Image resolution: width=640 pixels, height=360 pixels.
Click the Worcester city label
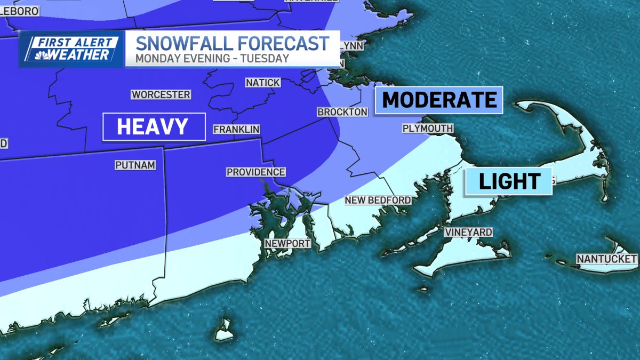161,94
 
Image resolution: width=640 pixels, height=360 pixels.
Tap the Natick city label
262,83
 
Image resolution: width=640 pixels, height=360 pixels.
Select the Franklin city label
236,129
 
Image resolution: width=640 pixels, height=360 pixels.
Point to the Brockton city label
342,112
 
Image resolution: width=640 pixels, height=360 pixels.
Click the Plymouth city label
428,129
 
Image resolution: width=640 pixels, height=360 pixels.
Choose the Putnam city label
135,165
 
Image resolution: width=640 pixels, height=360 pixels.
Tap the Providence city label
256,172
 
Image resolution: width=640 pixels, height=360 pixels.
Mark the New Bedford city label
378,200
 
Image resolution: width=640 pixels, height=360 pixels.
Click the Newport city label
288,243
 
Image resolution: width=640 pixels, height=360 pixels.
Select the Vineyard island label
469,232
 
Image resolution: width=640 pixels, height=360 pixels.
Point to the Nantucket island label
606,259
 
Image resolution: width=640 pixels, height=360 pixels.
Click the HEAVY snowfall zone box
154,126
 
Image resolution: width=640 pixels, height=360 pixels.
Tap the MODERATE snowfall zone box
439,100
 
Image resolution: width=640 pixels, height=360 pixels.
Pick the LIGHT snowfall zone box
509,181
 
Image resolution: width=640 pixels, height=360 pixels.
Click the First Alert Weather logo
71,49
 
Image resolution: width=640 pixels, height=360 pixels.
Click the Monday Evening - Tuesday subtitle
212,58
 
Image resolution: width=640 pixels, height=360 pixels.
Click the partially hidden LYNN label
352,46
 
